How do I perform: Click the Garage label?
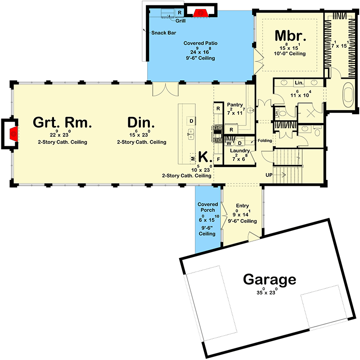tap(270, 279)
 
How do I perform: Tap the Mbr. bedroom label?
tap(291, 36)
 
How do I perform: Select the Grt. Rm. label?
tap(63, 122)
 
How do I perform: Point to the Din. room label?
tap(141, 122)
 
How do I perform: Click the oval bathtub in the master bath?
tap(348, 96)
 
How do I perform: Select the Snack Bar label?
tap(162, 33)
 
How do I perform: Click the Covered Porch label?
tap(207, 207)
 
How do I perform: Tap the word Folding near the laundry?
tap(265, 141)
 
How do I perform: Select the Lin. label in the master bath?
tap(299, 83)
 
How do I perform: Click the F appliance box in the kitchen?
tap(219, 159)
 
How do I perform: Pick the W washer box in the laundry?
tap(229, 143)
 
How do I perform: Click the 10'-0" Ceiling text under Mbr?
tap(290, 54)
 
